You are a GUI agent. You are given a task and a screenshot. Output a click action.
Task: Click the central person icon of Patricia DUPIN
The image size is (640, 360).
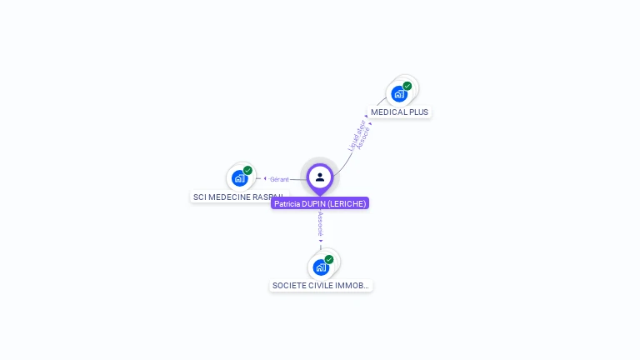tap(320, 177)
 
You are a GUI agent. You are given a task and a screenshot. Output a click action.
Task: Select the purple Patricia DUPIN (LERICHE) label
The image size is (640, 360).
tap(320, 203)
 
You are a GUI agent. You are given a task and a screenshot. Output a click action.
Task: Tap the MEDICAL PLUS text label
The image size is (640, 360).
tap(400, 112)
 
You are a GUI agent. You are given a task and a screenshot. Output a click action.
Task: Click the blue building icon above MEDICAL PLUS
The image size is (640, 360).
tap(399, 93)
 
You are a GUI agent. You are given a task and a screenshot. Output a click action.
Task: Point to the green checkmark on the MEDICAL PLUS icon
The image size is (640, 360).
tap(407, 85)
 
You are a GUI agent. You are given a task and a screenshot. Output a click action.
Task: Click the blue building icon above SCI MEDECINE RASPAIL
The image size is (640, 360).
tap(239, 177)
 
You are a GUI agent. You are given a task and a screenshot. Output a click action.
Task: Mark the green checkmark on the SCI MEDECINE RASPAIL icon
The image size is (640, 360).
tap(247, 170)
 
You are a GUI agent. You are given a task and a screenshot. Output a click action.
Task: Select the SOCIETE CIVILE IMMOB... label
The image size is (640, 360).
tap(321, 286)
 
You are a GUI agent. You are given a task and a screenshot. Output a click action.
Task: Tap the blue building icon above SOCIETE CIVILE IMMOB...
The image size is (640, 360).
tap(320, 267)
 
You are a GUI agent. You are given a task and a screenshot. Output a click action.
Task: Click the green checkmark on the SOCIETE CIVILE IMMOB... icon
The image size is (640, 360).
tap(329, 259)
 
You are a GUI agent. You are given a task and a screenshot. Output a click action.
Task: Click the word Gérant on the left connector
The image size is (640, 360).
tap(279, 179)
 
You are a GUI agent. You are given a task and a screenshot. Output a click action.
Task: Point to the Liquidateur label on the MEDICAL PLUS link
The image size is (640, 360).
tap(353, 136)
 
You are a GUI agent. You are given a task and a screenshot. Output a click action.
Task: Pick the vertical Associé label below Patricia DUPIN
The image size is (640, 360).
tap(321, 224)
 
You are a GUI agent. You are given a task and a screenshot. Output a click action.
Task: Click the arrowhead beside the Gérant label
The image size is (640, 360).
tap(264, 178)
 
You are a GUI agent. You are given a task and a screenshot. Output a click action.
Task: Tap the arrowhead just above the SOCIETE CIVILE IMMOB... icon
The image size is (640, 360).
tap(321, 241)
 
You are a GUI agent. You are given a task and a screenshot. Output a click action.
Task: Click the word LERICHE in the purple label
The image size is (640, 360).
tap(346, 203)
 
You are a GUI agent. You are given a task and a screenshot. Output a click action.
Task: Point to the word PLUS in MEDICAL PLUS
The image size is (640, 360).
tap(418, 112)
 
